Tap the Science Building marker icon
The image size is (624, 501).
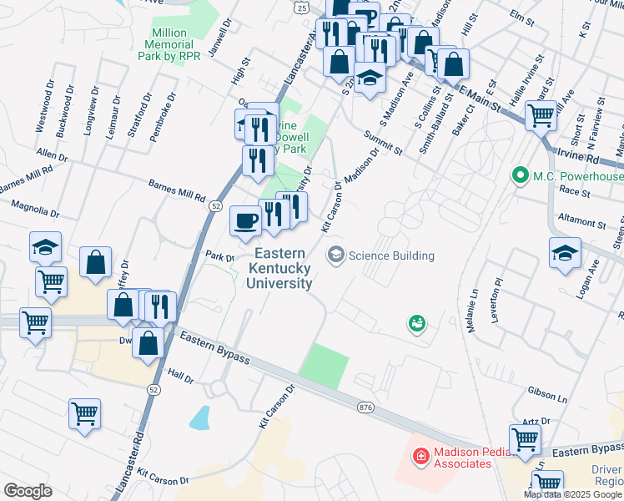(336, 255)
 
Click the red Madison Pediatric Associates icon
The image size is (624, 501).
(421, 456)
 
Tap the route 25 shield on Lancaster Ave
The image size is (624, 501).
(299, 6)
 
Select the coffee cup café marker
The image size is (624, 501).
(245, 220)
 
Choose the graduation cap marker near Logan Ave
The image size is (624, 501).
(565, 252)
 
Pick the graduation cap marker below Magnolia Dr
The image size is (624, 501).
(45, 246)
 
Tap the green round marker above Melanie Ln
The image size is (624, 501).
(415, 322)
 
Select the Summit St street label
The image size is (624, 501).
(384, 142)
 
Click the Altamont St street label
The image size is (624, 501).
(581, 224)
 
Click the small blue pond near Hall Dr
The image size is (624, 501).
(199, 417)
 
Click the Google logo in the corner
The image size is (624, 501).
(28, 491)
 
